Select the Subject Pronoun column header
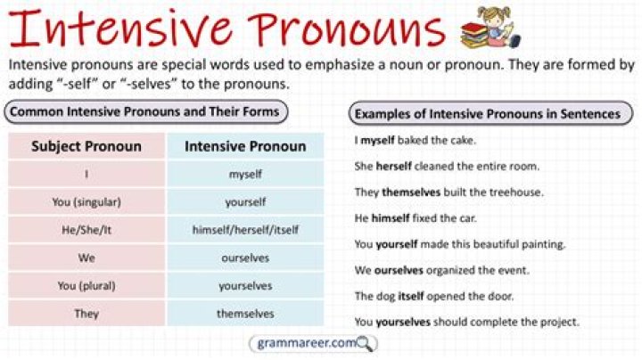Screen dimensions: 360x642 tap(86, 146)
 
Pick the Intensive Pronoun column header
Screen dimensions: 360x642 tap(245, 146)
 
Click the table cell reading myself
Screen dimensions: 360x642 tap(245, 175)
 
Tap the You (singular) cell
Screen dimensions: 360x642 tap(86, 202)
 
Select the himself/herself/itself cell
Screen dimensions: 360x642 tap(245, 230)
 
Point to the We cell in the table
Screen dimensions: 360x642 tap(86, 258)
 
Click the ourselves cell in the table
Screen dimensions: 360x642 tap(245, 258)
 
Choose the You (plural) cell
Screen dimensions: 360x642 tap(86, 286)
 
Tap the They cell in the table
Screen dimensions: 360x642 tap(86, 314)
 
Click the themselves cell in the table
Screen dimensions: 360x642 tap(245, 314)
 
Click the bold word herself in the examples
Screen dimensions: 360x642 tap(393, 166)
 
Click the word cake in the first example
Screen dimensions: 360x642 tap(463, 140)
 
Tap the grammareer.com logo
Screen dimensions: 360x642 tap(303, 343)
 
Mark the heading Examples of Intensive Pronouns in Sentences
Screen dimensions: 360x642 tap(487, 114)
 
